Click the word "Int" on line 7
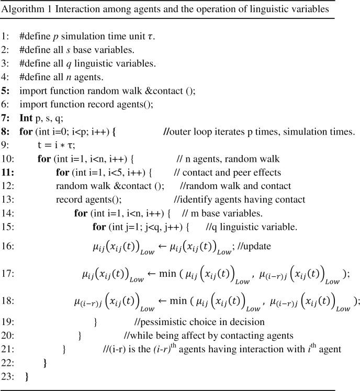click(26, 117)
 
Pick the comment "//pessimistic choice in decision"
click(199, 321)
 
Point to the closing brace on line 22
click(45, 362)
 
